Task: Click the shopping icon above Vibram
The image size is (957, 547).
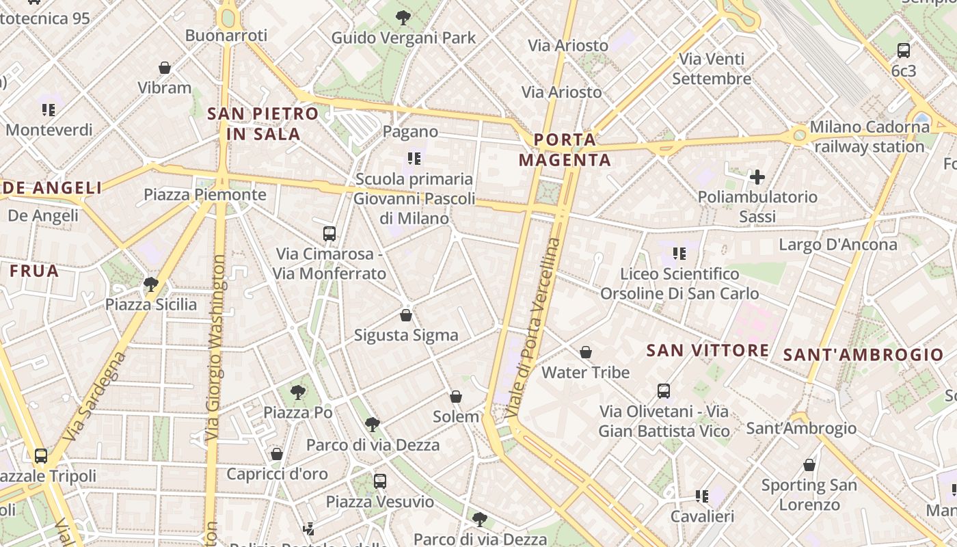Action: tap(165, 68)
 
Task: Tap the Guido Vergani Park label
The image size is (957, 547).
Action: tap(403, 38)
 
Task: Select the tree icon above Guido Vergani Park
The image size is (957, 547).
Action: tap(403, 17)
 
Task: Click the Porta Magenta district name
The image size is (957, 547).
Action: tap(565, 150)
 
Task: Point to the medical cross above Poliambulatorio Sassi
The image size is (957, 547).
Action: tap(757, 178)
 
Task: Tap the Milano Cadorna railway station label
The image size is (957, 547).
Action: tap(870, 137)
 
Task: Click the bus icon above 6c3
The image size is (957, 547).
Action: tap(904, 50)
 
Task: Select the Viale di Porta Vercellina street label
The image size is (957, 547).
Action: tap(535, 328)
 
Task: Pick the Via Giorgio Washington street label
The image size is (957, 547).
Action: tap(215, 347)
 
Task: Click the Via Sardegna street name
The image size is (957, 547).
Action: tap(94, 397)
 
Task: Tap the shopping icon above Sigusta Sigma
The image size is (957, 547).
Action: tap(406, 315)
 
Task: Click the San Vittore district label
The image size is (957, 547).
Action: tap(707, 351)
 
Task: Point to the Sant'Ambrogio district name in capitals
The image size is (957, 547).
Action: tap(863, 355)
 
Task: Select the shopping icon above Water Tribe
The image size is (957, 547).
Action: tap(586, 352)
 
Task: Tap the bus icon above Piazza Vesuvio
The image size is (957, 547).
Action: tap(380, 481)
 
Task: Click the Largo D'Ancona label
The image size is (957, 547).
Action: tap(838, 245)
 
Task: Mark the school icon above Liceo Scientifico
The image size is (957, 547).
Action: tap(679, 254)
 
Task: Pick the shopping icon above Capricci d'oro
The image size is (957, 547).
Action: tap(277, 454)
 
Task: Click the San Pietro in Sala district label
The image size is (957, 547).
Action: tap(263, 124)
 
